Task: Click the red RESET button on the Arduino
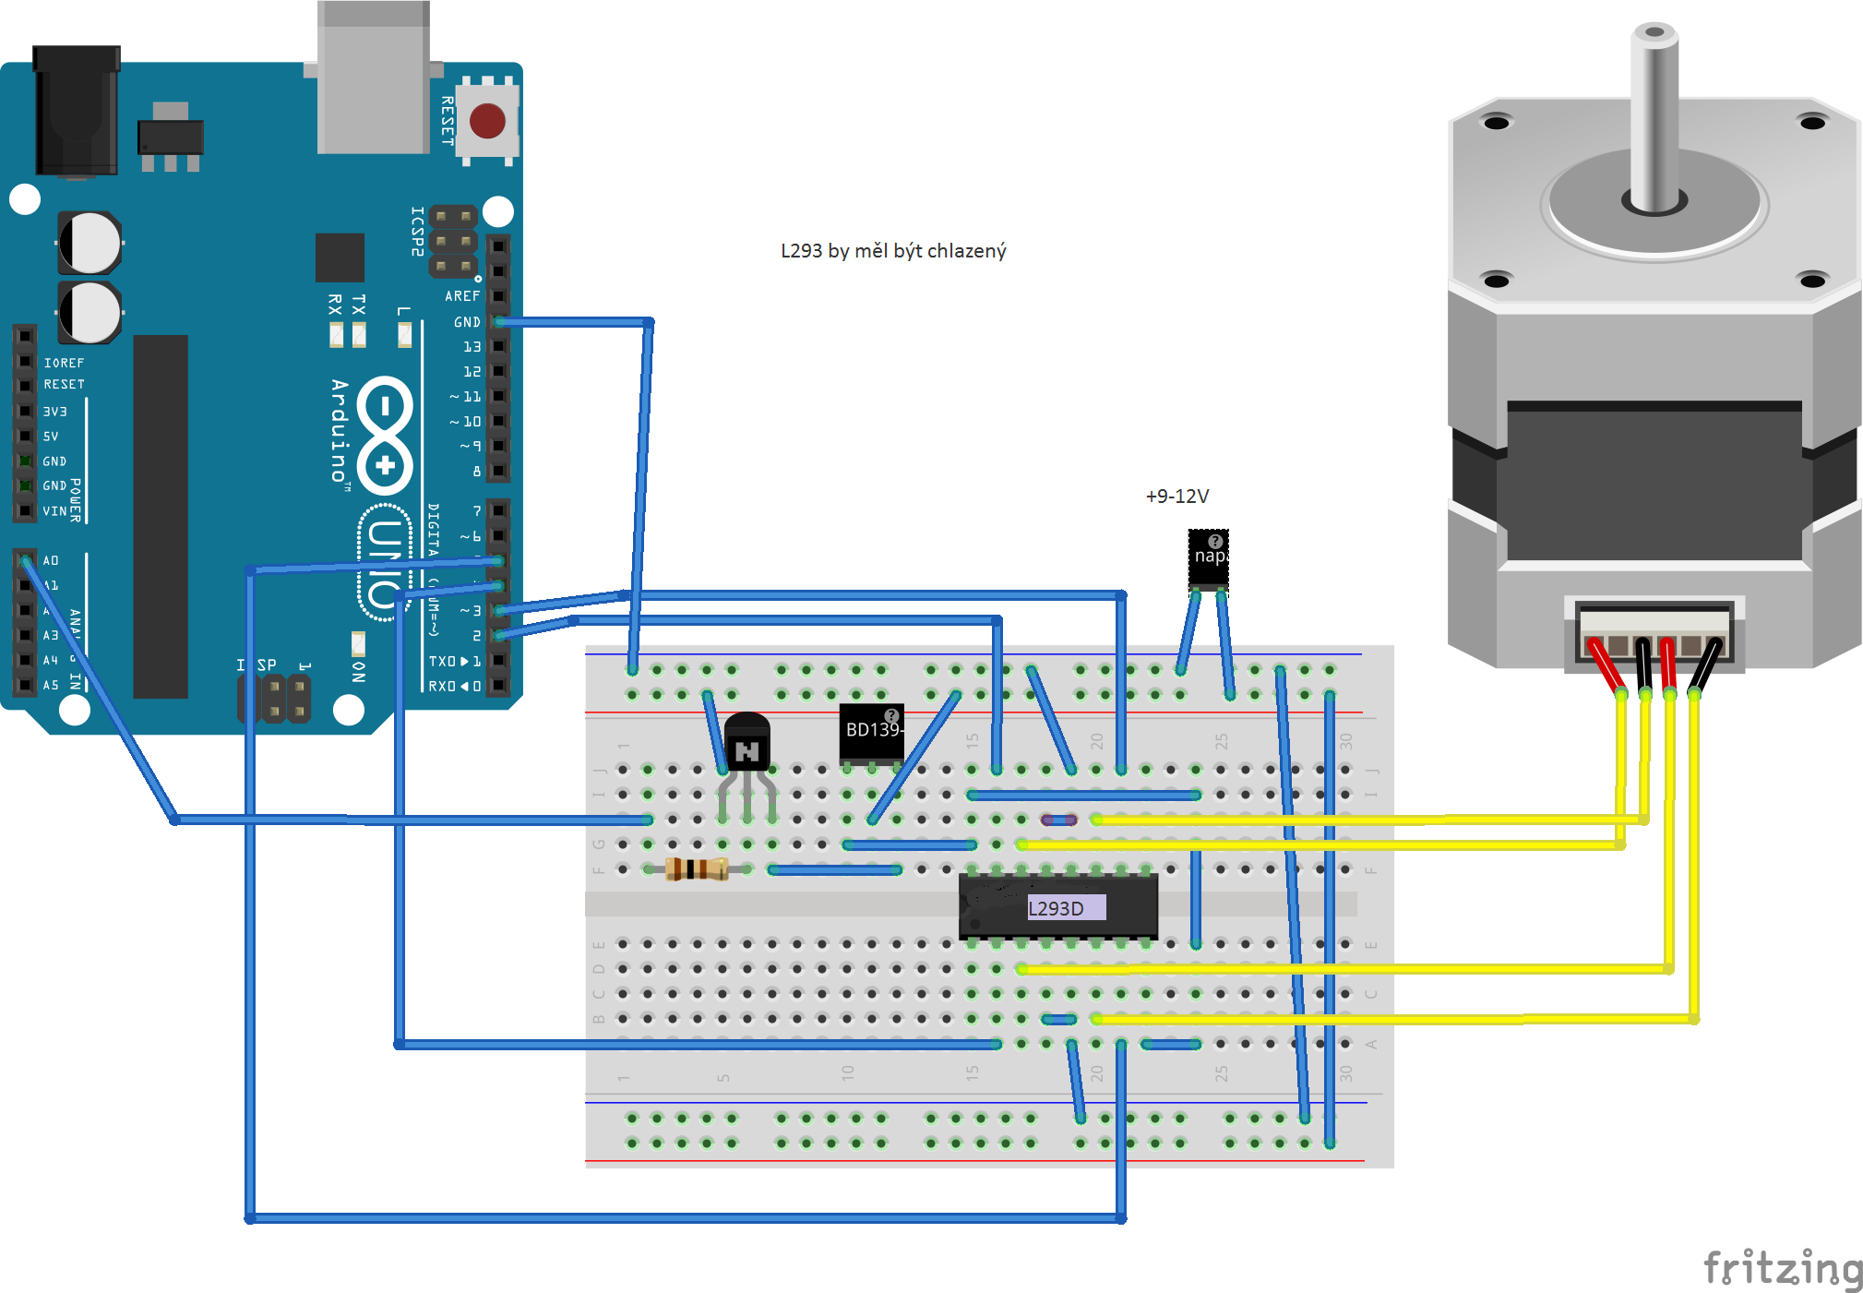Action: pyautogui.click(x=487, y=121)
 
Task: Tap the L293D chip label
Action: pyautogui.click(x=1057, y=908)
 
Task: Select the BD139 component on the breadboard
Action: pyautogui.click(x=871, y=732)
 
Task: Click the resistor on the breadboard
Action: pyautogui.click(x=697, y=868)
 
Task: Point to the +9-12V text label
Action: pyautogui.click(x=1176, y=497)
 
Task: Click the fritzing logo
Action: pyautogui.click(x=1782, y=1268)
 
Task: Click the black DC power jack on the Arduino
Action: pyautogui.click(x=77, y=111)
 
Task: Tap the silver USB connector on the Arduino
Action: pyautogui.click(x=373, y=78)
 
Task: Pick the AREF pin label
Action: pyautogui.click(x=462, y=296)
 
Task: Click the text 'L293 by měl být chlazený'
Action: pyautogui.click(x=893, y=251)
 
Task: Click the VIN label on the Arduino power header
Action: pyautogui.click(x=54, y=511)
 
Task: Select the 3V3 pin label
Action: pyautogui.click(x=54, y=412)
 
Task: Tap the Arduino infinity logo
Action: pyautogui.click(x=385, y=435)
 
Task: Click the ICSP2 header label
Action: pyautogui.click(x=417, y=231)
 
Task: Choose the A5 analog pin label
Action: pyautogui.click(x=51, y=685)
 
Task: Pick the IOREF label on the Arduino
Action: pyautogui.click(x=64, y=363)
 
